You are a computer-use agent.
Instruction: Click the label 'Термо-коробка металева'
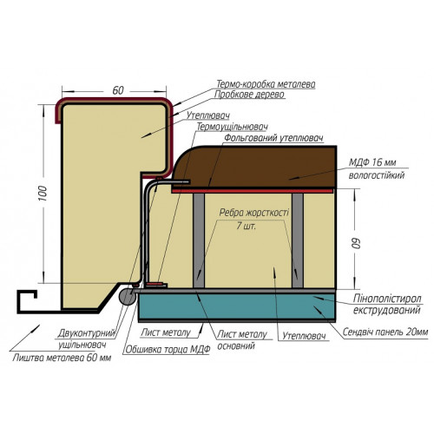point(266,84)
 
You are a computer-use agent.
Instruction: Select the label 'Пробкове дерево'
point(249,95)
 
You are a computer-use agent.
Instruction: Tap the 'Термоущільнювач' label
point(232,127)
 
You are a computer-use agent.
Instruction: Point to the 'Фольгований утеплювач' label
point(273,138)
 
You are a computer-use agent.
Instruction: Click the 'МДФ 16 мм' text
point(372,162)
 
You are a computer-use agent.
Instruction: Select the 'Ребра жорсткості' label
point(254,213)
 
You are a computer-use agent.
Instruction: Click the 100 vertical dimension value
point(43,194)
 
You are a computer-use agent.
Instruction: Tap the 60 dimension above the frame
point(118,90)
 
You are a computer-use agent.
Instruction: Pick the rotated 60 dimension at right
point(357,243)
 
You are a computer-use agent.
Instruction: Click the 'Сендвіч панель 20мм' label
point(385,332)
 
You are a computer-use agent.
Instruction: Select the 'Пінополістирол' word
point(387,299)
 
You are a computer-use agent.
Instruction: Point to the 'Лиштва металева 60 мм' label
point(62,358)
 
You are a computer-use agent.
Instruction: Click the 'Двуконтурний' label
point(87,333)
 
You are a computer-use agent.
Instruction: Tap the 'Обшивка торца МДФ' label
point(168,350)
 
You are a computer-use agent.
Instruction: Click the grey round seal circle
point(128,297)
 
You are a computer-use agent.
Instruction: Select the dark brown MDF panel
point(254,168)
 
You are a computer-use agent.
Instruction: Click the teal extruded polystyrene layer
point(237,306)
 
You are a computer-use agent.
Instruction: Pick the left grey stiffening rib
point(199,240)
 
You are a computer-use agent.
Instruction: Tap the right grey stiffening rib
point(298,240)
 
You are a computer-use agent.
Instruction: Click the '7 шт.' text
point(246,226)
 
